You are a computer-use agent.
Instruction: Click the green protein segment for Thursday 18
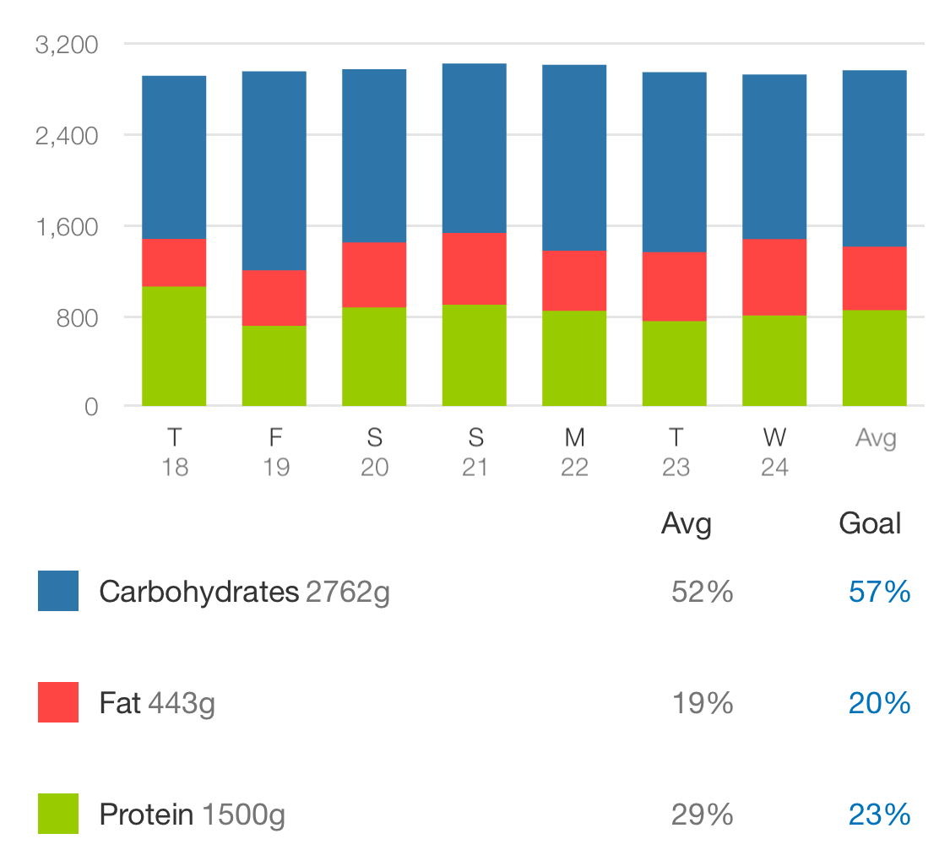[174, 346]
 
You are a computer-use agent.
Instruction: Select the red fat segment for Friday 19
[274, 297]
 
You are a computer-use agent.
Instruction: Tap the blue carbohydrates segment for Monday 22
[574, 158]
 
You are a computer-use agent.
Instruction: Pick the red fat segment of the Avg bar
[875, 278]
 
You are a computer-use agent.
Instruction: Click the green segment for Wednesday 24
[774, 360]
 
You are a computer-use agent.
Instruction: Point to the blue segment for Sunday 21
[475, 148]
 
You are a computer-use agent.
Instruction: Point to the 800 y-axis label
[76, 317]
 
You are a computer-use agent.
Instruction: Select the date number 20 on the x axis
[374, 468]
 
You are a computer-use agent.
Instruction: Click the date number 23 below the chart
[676, 468]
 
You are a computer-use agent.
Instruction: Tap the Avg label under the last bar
[876, 438]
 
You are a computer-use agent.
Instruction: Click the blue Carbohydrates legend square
[58, 591]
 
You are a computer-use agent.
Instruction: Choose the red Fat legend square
[58, 702]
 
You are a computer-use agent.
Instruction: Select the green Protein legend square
[58, 814]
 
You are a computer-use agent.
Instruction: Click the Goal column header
[870, 524]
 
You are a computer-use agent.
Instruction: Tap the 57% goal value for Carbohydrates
[879, 593]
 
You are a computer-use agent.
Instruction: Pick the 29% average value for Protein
[702, 815]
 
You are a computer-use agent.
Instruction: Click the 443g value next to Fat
[182, 704]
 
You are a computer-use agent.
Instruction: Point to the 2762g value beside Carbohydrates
[348, 593]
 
